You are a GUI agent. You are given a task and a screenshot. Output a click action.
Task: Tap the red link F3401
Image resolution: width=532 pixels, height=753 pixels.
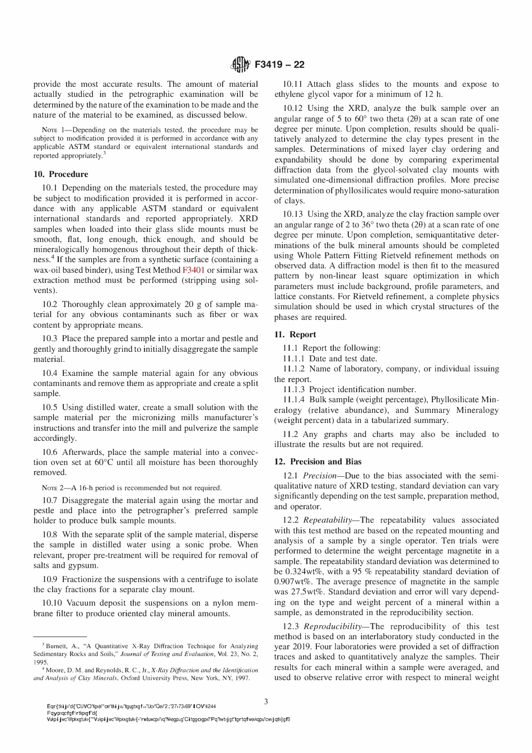click(193, 270)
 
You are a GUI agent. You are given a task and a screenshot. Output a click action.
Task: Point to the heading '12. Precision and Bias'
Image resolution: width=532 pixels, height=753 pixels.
click(318, 462)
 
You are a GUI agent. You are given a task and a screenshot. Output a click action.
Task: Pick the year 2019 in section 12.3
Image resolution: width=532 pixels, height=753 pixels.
click(301, 647)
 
